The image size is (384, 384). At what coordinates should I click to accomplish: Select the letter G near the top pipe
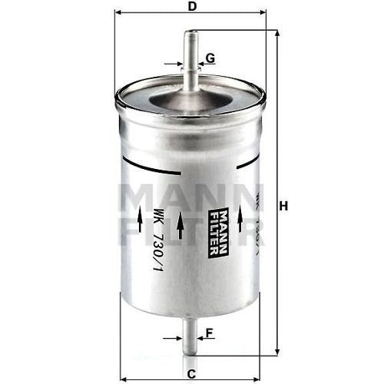pos(210,58)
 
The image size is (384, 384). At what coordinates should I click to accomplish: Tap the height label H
pos(283,206)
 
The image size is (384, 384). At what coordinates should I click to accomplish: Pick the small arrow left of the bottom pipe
pos(172,337)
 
